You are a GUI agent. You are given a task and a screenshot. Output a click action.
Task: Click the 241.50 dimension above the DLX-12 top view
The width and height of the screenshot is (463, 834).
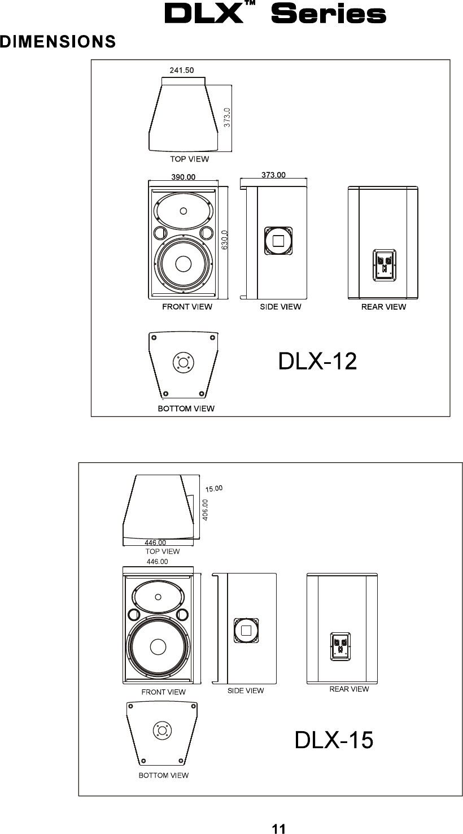click(182, 70)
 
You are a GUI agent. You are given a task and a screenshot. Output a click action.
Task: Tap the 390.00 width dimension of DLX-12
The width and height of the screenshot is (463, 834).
click(183, 177)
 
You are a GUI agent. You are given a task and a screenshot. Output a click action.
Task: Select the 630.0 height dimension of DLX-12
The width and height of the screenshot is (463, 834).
click(224, 240)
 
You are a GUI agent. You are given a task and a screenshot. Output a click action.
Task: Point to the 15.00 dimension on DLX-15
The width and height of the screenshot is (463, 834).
click(214, 489)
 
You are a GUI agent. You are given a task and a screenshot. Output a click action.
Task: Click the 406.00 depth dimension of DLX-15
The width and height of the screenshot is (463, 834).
click(205, 510)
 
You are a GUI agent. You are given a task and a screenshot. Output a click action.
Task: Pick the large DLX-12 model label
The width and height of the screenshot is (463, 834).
click(317, 361)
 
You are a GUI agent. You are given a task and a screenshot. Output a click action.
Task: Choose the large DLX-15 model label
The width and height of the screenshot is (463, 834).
click(334, 740)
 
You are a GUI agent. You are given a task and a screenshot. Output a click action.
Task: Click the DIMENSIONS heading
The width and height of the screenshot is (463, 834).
click(58, 41)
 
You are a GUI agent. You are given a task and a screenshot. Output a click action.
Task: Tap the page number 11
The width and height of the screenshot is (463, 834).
click(279, 828)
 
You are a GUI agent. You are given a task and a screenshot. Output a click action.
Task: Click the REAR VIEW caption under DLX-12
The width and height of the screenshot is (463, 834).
click(383, 307)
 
